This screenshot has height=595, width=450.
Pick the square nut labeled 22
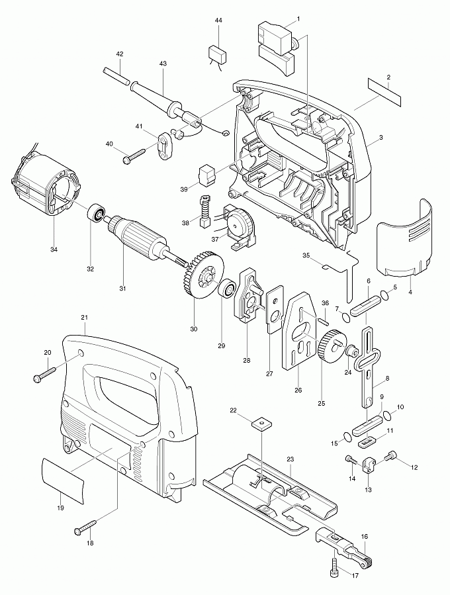(x=263, y=423)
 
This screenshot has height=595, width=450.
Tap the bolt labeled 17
(x=336, y=564)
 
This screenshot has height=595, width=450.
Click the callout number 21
(x=85, y=318)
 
